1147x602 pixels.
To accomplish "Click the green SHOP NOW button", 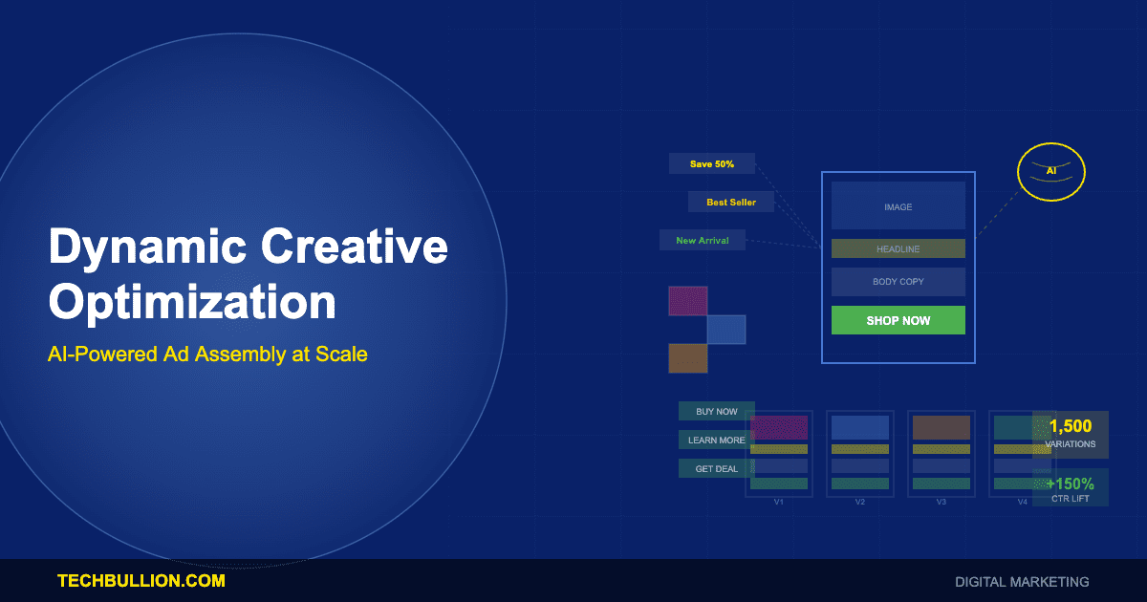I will coord(898,320).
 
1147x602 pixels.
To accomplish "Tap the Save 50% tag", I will coord(712,163).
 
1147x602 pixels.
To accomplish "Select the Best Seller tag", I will coord(731,202).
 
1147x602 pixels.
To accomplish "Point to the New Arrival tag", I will coord(703,240).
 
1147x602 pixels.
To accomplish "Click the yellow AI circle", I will coord(1050,171).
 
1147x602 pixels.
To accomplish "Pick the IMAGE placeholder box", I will coord(898,206).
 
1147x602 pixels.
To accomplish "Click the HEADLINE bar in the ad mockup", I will coord(898,248).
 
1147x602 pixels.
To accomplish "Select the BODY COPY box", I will coord(898,282).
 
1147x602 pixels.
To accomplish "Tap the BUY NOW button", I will coord(716,411).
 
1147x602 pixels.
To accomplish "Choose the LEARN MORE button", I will coord(716,440).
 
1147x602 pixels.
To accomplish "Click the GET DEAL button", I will coord(716,468).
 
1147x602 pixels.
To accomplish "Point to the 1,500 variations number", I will coord(1070,426).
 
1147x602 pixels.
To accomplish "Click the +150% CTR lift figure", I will coord(1070,484).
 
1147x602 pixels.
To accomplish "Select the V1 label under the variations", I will coord(779,502).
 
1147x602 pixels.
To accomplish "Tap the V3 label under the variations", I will coord(941,502).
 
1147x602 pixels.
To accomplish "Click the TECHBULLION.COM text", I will coord(141,580).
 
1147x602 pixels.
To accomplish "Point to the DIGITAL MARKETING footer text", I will coord(1022,581).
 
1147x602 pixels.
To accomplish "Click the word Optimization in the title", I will coord(192,302).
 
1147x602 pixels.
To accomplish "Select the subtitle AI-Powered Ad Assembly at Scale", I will coord(207,354).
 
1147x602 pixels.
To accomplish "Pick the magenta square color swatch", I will coord(687,300).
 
